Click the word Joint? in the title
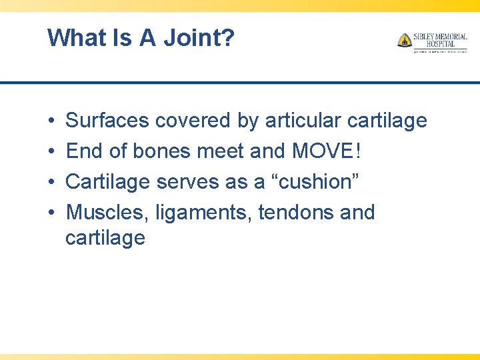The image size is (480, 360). pos(200,38)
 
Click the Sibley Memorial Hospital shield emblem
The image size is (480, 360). pos(405,40)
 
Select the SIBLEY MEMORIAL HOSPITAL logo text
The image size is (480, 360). pos(439,39)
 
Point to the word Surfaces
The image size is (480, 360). pos(107,121)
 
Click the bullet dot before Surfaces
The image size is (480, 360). pos(51,121)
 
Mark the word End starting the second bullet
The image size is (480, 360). pos(83,151)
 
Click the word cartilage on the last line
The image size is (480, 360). pos(105,238)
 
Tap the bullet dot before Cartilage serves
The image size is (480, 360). pos(51,182)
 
